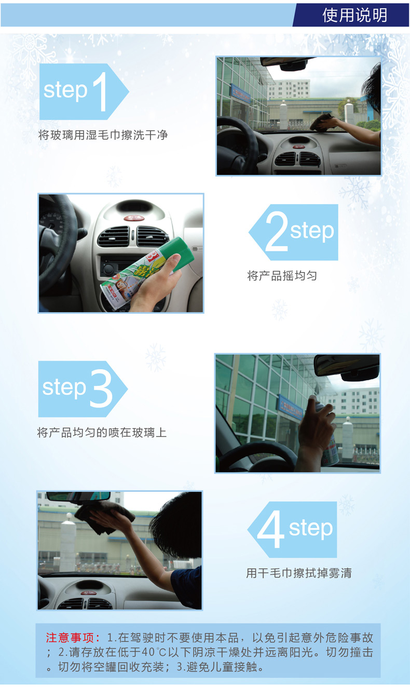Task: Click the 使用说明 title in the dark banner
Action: pyautogui.click(x=354, y=15)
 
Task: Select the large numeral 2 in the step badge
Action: pyautogui.click(x=276, y=231)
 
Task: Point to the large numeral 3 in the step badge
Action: pyautogui.click(x=101, y=389)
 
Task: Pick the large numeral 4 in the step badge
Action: pyautogui.click(x=270, y=529)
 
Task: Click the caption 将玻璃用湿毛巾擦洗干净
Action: pyautogui.click(x=103, y=135)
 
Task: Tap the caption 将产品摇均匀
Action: pyautogui.click(x=282, y=276)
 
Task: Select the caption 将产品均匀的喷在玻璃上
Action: pyautogui.click(x=102, y=433)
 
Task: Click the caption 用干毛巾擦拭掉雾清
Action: pyautogui.click(x=299, y=573)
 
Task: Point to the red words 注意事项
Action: pyautogui.click(x=70, y=638)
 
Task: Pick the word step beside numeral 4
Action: pyautogui.click(x=311, y=528)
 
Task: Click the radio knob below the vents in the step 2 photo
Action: pyautogui.click(x=108, y=268)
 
